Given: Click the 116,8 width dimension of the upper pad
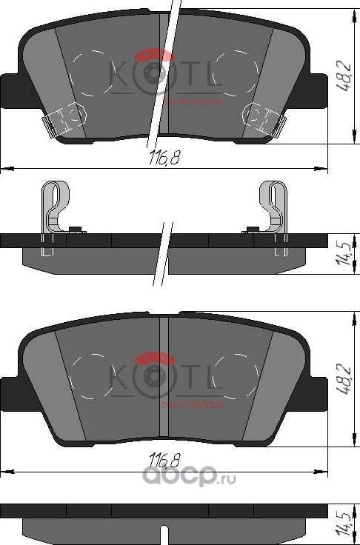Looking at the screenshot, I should [158, 158].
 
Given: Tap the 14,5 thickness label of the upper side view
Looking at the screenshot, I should [342, 250].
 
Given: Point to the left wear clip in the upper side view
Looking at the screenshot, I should [54, 211].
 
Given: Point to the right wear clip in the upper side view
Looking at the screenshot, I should [274, 211].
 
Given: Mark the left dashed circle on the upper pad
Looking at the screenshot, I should [95, 72].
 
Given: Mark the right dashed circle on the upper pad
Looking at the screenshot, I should [233, 72].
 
